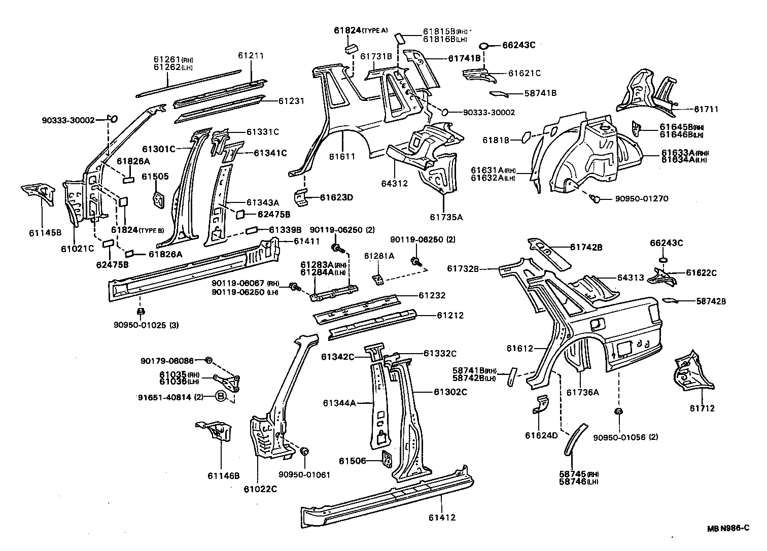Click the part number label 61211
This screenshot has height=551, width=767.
[252, 56]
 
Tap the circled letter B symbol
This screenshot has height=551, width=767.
[222, 397]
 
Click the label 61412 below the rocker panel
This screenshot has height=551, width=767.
[441, 518]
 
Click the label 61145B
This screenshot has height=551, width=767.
[45, 233]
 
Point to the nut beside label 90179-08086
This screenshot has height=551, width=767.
[208, 360]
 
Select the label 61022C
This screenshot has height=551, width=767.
[260, 489]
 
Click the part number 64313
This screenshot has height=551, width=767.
[631, 278]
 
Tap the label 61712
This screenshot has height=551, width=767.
[702, 408]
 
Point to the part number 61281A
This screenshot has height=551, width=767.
[379, 256]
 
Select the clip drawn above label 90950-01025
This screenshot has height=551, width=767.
[142, 311]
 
